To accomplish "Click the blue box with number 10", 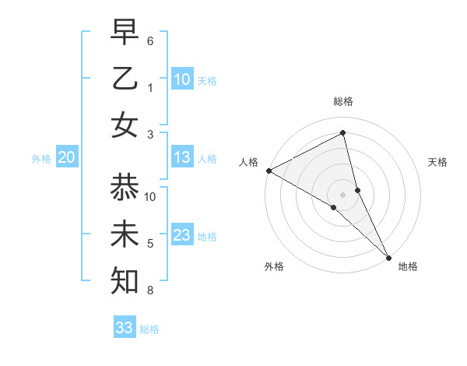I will coord(182,79).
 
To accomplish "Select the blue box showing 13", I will coord(182,158).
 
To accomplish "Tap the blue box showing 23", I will coord(182,236).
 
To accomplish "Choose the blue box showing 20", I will coord(67,158).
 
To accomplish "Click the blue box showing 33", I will coord(125,328).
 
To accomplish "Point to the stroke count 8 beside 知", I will coord(150,290).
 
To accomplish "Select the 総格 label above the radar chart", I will coord(343,101).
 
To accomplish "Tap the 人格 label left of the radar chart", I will coord(249,162).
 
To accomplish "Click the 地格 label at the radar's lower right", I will coord(408,266).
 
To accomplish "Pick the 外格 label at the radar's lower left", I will coord(274,266).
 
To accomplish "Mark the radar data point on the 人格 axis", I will coord(269,171).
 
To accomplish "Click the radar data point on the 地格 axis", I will coord(388,257).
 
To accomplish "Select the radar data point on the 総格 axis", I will coord(343,133).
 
